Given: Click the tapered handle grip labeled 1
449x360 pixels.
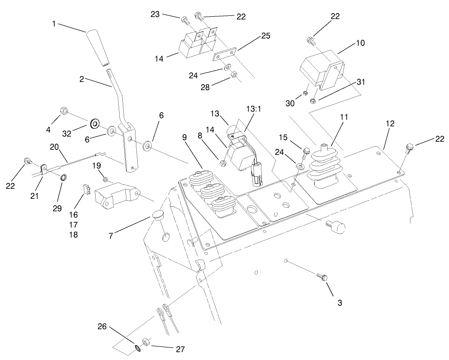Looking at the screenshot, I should tap(100, 48).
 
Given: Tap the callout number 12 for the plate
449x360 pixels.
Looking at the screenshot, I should tap(390, 123).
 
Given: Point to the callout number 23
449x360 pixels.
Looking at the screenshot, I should tap(155, 14).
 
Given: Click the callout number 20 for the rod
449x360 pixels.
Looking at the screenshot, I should tap(54, 147).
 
